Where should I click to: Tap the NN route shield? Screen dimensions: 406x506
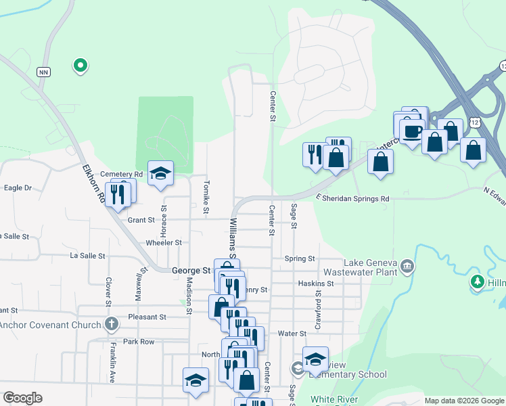45,71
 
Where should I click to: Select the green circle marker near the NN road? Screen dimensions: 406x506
80,66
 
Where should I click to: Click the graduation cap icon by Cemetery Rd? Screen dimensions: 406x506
160,174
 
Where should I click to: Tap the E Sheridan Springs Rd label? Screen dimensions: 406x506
352,199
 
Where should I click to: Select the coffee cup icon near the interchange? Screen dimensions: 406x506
411,131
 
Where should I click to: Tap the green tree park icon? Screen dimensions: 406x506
478,281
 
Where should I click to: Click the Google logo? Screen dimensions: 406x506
22,398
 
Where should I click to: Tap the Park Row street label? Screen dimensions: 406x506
139,342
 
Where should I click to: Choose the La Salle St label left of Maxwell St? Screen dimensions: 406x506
88,256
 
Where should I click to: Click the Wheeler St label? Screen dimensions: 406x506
164,242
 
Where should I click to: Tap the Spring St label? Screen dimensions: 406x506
300,258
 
